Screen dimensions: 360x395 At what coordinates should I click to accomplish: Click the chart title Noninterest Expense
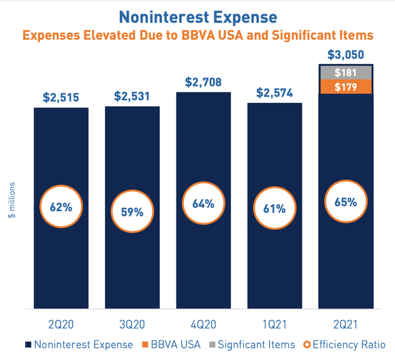197,14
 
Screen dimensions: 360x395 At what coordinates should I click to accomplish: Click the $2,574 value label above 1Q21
274,91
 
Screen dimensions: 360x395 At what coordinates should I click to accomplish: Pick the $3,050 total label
345,54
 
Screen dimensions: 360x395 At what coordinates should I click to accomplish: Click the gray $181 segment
345,73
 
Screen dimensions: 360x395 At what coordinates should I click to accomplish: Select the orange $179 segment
345,86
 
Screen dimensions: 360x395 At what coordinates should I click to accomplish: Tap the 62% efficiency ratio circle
61,207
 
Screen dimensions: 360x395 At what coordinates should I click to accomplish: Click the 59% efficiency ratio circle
132,212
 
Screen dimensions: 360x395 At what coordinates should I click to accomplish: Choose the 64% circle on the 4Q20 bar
203,203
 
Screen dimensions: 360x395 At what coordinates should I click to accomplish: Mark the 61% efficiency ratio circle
274,208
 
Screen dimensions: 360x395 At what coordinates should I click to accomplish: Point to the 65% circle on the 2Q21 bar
345,202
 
